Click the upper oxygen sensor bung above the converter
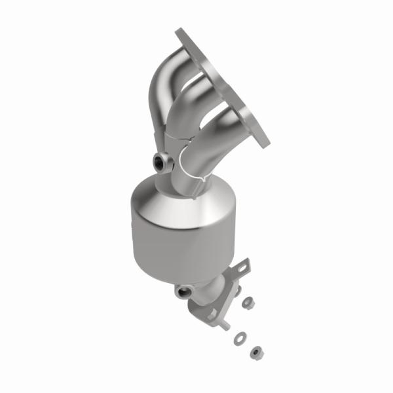click(160, 161)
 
